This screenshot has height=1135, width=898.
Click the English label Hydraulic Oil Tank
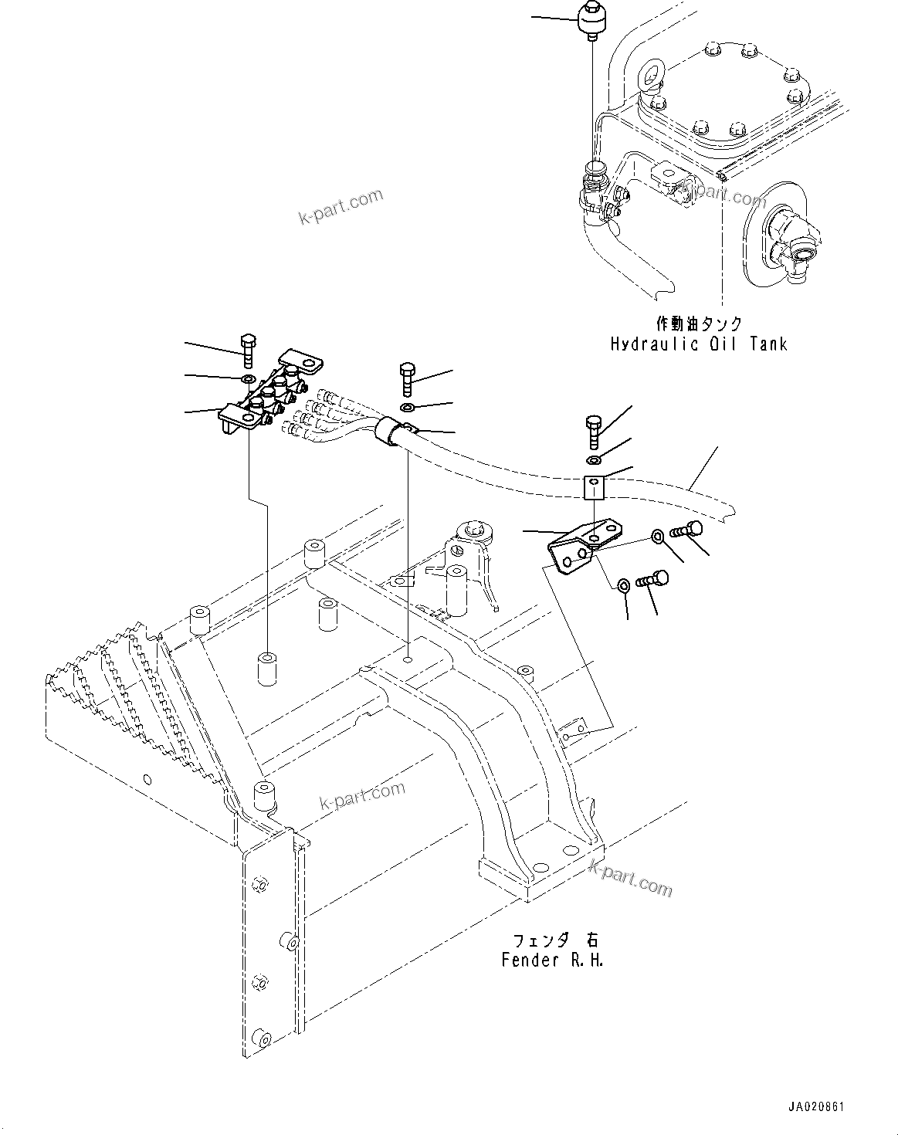(698, 344)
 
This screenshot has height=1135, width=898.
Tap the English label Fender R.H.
(552, 961)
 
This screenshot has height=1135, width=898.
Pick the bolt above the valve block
(247, 351)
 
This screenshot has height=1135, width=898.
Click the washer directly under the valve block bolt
(247, 379)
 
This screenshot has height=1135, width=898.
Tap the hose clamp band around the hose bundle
(394, 430)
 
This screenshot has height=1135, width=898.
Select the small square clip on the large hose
(593, 488)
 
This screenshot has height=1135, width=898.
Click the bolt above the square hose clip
(593, 431)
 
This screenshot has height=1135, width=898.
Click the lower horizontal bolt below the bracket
(652, 579)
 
